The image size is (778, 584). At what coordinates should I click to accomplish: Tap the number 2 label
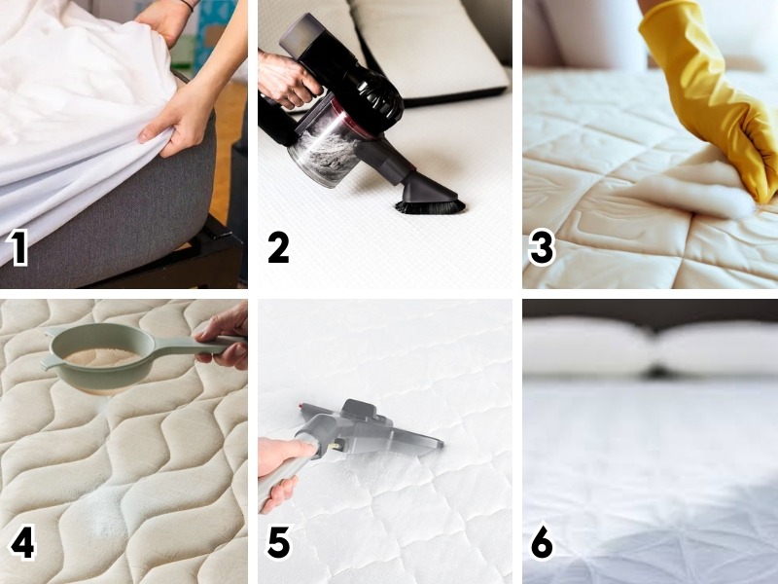(x=278, y=247)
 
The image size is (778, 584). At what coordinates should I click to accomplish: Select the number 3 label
(x=542, y=247)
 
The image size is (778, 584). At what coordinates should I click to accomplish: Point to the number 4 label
(x=20, y=543)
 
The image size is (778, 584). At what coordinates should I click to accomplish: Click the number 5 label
(x=278, y=543)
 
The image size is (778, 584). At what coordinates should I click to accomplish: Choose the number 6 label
(x=542, y=543)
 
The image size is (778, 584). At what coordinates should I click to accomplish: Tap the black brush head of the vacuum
(x=429, y=205)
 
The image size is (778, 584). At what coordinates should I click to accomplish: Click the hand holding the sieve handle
(x=226, y=336)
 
